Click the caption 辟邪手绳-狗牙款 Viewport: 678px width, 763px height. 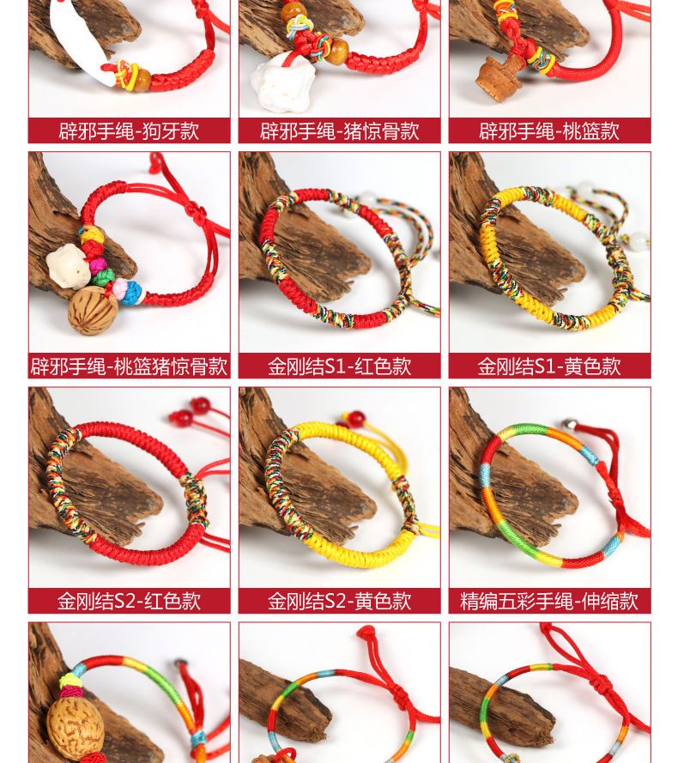pyautogui.click(x=129, y=131)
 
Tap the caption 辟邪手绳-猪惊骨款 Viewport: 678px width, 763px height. pyautogui.click(x=339, y=131)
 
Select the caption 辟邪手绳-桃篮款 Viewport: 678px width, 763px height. pyautogui.click(x=549, y=131)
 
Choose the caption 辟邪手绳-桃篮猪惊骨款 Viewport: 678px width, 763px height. pyautogui.click(x=129, y=366)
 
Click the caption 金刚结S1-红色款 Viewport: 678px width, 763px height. pyautogui.click(x=339, y=366)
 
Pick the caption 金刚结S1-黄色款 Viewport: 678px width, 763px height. pyautogui.click(x=549, y=366)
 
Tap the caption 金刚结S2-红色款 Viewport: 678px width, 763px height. pyautogui.click(x=129, y=601)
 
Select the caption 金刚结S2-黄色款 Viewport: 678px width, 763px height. pyautogui.click(x=339, y=601)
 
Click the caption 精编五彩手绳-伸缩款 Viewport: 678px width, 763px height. pyautogui.click(x=549, y=601)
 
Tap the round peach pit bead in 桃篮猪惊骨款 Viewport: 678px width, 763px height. pyautogui.click(x=93, y=310)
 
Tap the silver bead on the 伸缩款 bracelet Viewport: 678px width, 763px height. pyautogui.click(x=569, y=425)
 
